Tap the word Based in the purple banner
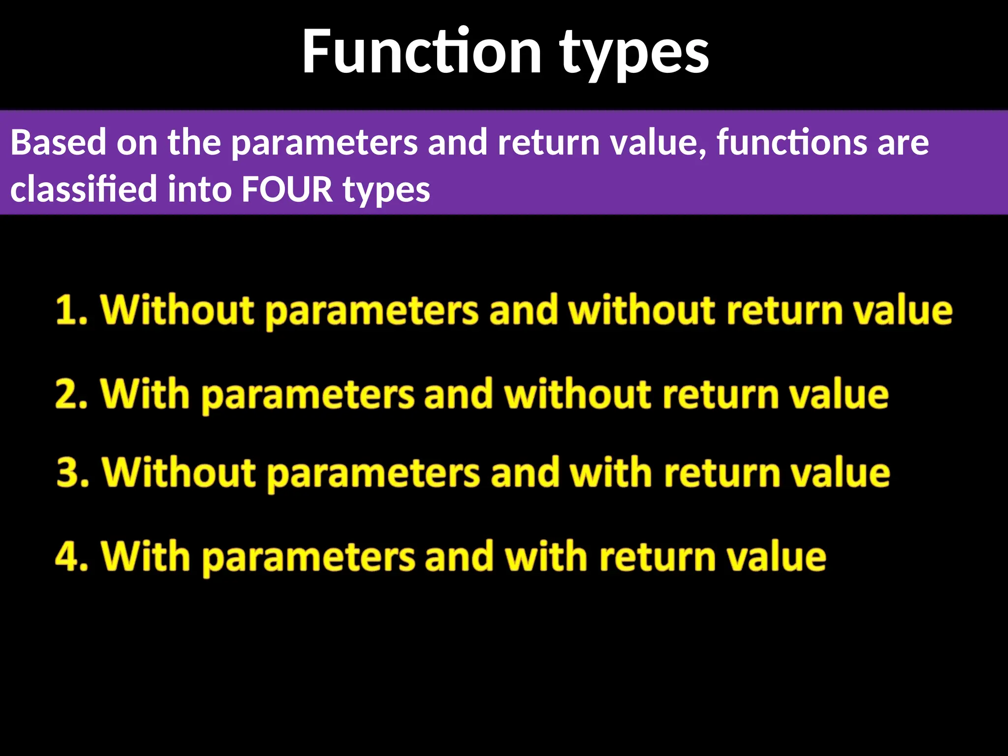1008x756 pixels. [x=58, y=143]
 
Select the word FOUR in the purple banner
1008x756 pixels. [x=287, y=189]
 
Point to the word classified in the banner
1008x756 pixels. [x=83, y=189]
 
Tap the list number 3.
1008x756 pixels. [x=71, y=472]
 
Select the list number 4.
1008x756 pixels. [x=70, y=556]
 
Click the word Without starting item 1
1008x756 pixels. [x=177, y=311]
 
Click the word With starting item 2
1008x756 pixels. [x=145, y=394]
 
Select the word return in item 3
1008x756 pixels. [x=722, y=472]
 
